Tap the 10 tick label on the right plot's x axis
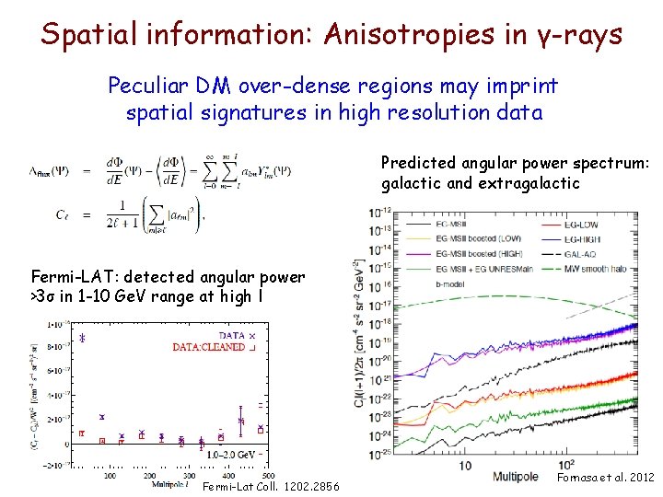465,465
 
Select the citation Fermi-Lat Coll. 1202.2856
270,486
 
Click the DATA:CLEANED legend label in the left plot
209,347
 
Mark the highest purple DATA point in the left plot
82,338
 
